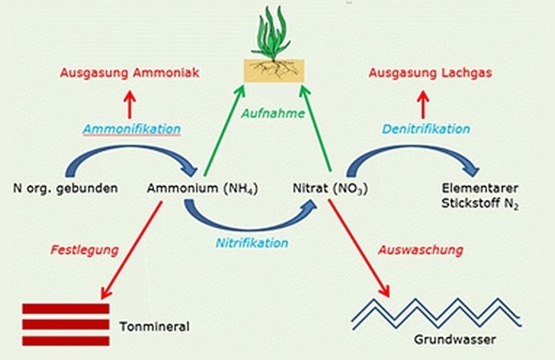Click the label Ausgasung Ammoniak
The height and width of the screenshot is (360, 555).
pos(132,73)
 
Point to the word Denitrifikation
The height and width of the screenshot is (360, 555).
pos(426,128)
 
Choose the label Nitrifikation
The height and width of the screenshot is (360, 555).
pos(252,243)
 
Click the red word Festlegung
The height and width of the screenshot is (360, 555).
pos(84,249)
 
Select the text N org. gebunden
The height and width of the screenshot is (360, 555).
pos(66,189)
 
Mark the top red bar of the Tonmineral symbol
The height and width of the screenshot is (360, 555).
pos(66,308)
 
